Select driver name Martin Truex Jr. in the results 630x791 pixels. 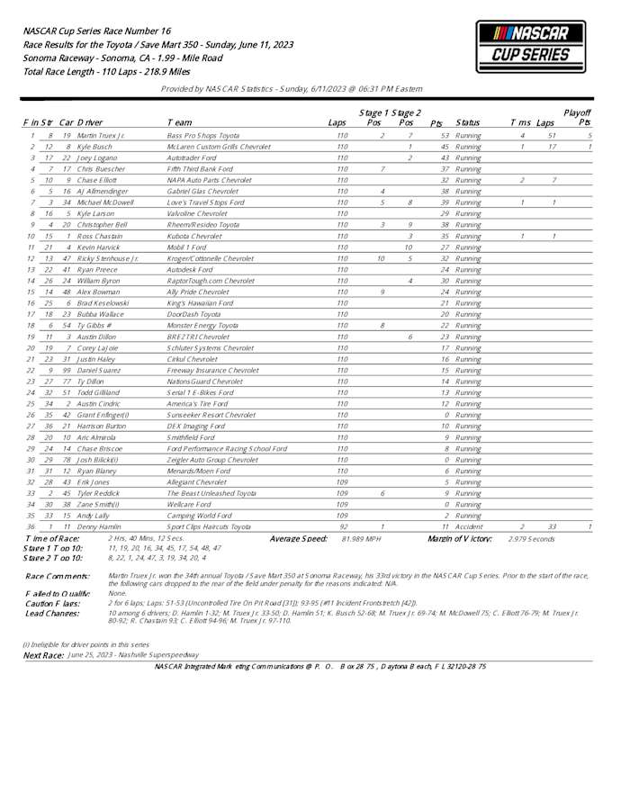coord(101,135)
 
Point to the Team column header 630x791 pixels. coord(178,122)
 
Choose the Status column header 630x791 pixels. coord(468,122)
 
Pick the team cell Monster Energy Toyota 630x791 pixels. coord(202,325)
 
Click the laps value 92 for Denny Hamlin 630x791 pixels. coord(342,526)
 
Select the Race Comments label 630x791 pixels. coord(57,576)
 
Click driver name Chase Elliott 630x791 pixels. coord(98,179)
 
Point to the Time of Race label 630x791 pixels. coord(51,538)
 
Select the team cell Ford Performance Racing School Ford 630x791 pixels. coord(227,448)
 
